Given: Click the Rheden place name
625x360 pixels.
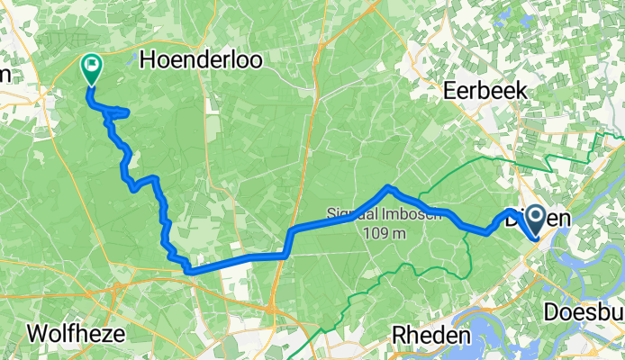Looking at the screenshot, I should pyautogui.click(x=432, y=335).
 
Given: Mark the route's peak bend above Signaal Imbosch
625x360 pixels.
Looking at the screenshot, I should pyautogui.click(x=388, y=188).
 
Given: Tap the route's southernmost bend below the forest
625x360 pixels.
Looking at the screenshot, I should pyautogui.click(x=189, y=269).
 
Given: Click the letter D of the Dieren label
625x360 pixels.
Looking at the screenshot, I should pyautogui.click(x=512, y=218).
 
